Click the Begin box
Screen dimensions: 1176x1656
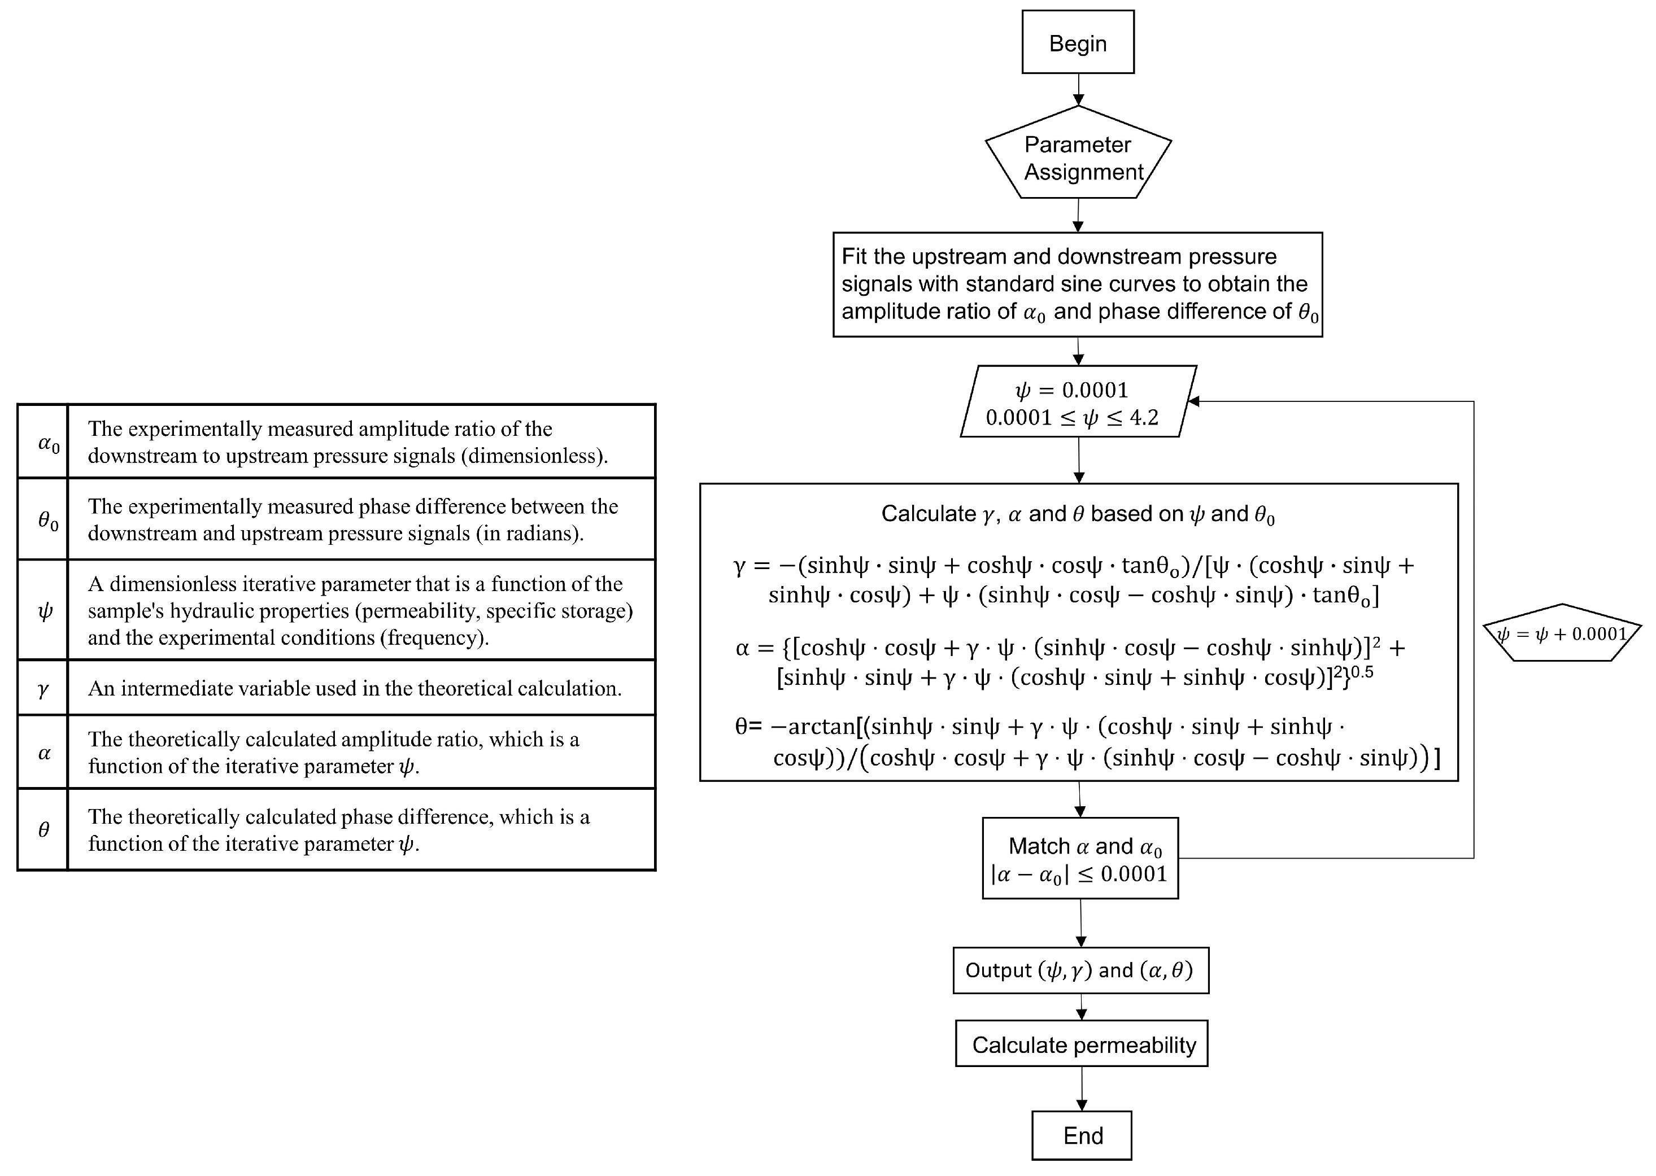(1077, 42)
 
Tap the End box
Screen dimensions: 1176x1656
(1082, 1135)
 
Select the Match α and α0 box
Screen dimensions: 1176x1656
(1079, 858)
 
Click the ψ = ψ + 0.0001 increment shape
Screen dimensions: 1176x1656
(1562, 633)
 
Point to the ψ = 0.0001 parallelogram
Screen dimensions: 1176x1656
(1077, 402)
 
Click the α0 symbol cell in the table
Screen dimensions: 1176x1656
(43, 441)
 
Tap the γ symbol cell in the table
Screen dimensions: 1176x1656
(43, 688)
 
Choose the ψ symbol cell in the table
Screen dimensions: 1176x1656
(43, 610)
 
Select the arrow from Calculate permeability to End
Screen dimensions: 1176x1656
(1082, 1088)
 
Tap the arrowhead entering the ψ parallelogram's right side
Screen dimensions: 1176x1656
(1192, 401)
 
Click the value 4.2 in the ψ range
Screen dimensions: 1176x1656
(1144, 418)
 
